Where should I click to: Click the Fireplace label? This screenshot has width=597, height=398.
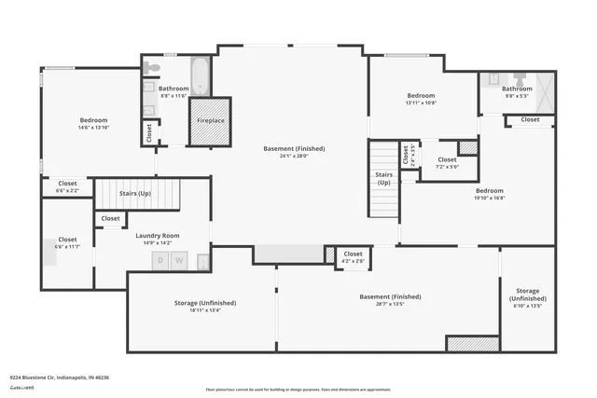point(209,120)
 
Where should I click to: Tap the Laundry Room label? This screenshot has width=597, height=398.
point(158,236)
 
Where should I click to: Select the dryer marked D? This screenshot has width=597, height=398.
point(160,260)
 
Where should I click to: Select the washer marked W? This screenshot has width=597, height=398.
point(180,260)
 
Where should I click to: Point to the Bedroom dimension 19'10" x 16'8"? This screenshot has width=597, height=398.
point(489,198)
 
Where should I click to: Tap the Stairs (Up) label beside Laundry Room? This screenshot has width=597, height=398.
point(136,193)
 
